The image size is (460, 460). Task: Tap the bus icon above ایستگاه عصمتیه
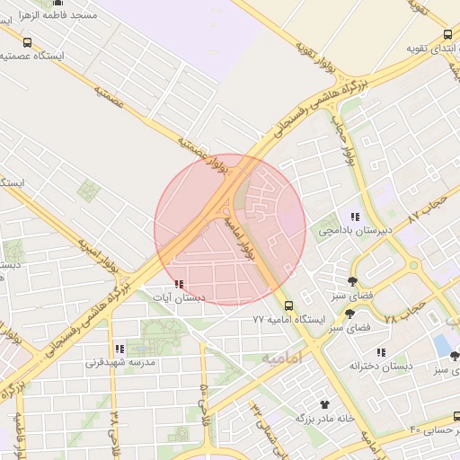(x=27, y=41)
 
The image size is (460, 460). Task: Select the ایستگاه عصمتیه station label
(x=31, y=56)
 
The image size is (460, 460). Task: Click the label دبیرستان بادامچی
(x=353, y=230)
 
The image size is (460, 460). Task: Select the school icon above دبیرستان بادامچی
(x=355, y=217)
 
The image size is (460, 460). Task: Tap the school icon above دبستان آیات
(x=178, y=284)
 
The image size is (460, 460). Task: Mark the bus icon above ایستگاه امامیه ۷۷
(x=288, y=305)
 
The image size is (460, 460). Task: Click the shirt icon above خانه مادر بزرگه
(x=324, y=404)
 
